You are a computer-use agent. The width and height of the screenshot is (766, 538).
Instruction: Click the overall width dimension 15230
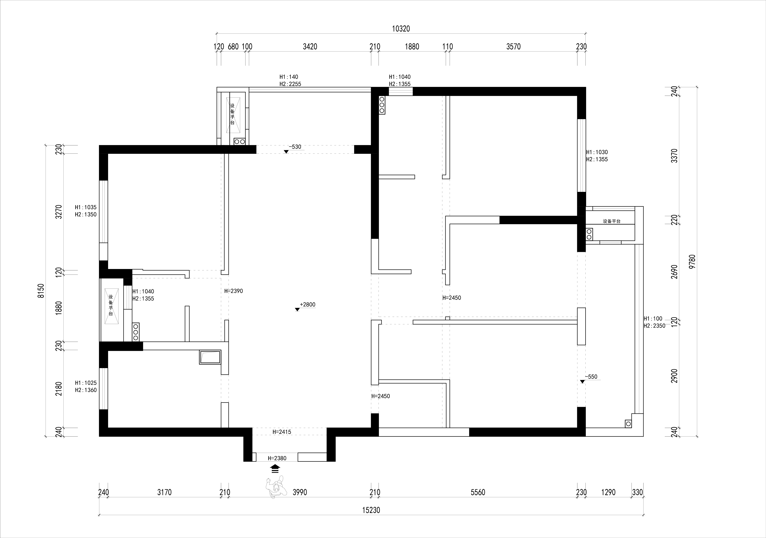[371, 510]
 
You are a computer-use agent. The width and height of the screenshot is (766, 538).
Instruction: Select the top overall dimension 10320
[401, 29]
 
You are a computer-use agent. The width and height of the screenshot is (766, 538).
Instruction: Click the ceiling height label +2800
[307, 304]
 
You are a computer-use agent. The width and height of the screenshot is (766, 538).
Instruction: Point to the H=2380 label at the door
[277, 458]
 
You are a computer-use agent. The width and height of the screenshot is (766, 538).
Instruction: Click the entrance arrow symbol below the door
[275, 469]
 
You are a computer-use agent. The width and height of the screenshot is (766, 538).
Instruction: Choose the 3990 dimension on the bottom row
[300, 492]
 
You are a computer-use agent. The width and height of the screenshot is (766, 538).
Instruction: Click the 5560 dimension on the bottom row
[478, 492]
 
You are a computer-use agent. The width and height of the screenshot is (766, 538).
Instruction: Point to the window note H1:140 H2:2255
[290, 80]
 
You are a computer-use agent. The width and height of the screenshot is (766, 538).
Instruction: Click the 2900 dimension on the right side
[675, 376]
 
